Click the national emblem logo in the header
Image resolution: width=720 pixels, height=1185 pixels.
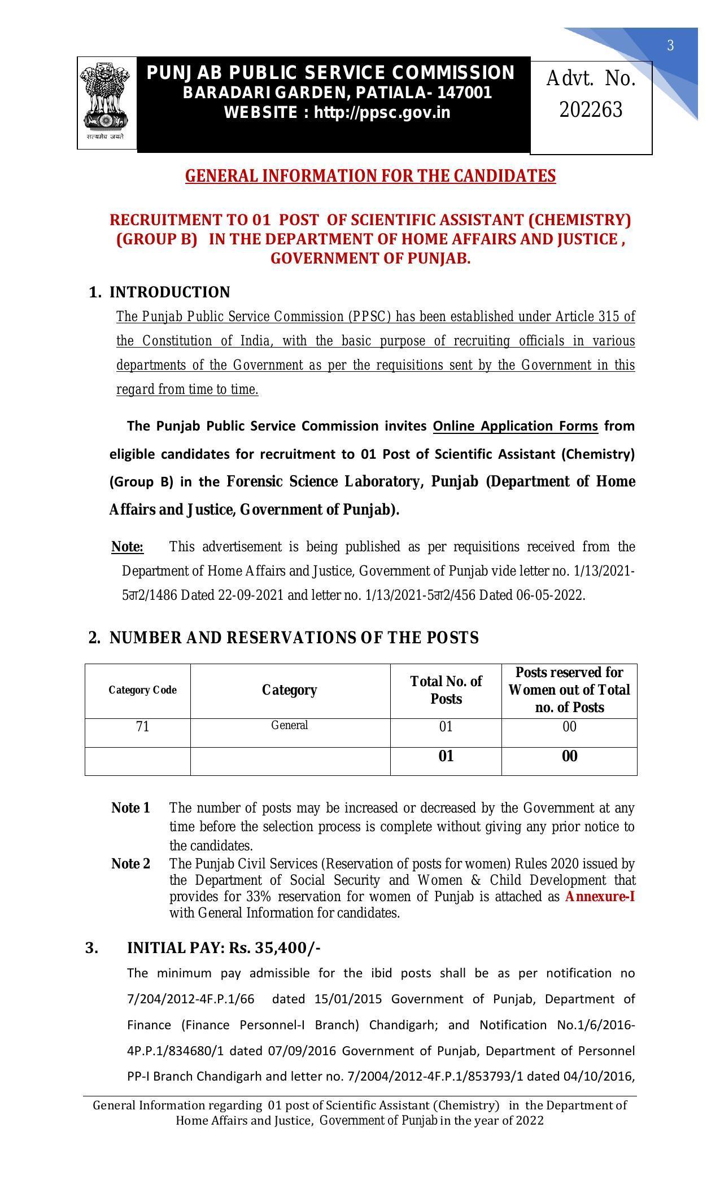pos(106,103)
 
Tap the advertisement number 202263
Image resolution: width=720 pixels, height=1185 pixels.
pos(591,109)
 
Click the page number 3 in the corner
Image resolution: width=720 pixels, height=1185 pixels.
pos(670,46)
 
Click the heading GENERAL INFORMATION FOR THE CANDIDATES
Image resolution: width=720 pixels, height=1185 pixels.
pos(370,176)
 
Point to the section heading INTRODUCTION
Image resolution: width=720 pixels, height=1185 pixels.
pos(169,292)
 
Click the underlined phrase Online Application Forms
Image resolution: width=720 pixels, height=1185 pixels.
pos(515,426)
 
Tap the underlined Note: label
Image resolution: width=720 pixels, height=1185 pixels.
pos(128,547)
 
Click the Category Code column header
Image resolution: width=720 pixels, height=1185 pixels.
pos(142,690)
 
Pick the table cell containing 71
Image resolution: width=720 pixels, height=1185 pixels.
pos(142,727)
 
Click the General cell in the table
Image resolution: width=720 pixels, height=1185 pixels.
pos(289,726)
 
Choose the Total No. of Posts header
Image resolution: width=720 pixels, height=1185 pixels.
pos(446,690)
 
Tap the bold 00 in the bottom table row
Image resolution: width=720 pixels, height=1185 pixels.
pos(569,757)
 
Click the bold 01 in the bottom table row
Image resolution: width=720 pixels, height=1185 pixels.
pos(446,757)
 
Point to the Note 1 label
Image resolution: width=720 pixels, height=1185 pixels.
pos(130,808)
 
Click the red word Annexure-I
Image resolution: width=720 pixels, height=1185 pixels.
pos(600,897)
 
